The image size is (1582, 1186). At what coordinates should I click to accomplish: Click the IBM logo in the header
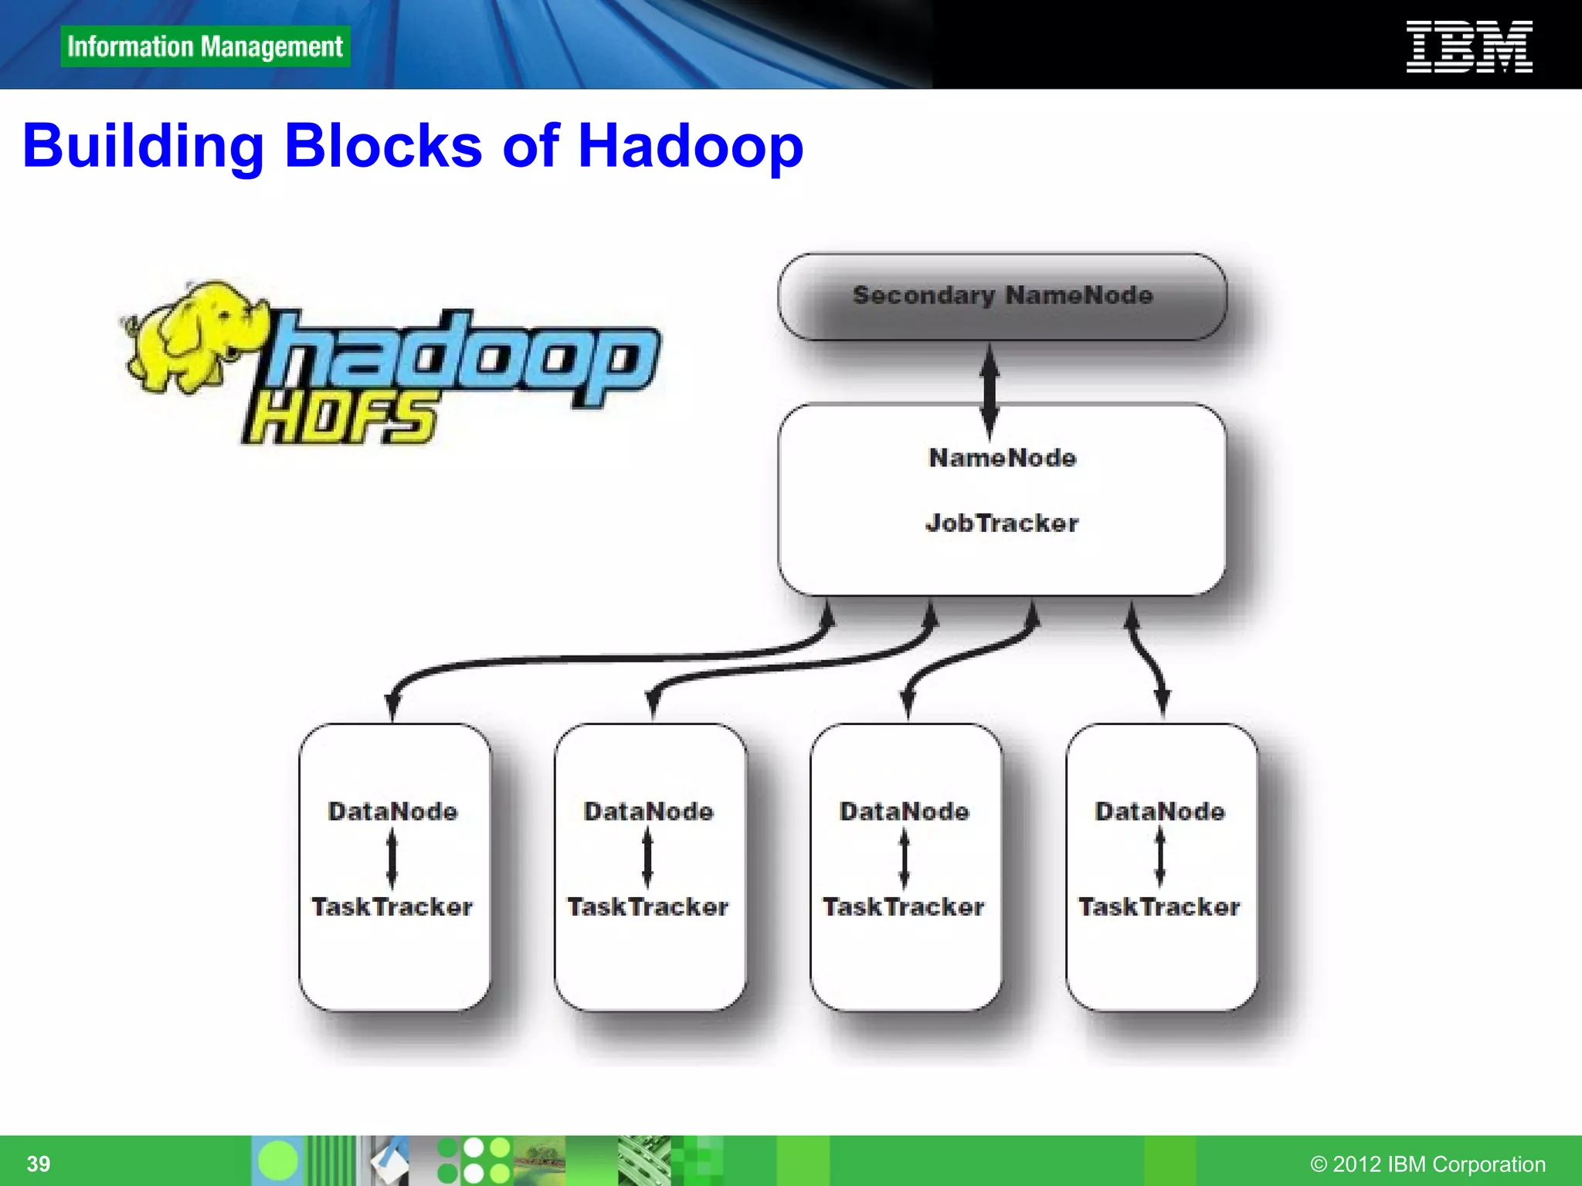coord(1468,47)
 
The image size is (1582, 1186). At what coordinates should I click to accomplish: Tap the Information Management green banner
coord(205,46)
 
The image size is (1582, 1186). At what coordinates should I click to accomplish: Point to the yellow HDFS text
coord(340,418)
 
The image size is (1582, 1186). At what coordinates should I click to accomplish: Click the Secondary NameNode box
coord(1002,296)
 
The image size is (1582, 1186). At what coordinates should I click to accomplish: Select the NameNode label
coord(1002,458)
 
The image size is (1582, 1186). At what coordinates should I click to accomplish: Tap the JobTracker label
coord(1002,524)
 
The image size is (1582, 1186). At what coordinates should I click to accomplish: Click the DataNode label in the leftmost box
coord(392,812)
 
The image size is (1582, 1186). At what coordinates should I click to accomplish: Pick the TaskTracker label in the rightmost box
coord(1159,906)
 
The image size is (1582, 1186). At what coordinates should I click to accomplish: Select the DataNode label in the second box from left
coord(648,812)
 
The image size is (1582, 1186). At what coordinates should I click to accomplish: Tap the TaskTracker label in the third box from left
coord(904,906)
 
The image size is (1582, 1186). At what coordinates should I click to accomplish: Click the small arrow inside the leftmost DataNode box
coord(392,859)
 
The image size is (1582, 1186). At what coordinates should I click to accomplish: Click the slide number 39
coord(39,1164)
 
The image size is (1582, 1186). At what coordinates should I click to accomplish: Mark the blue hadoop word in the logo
coord(463,359)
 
